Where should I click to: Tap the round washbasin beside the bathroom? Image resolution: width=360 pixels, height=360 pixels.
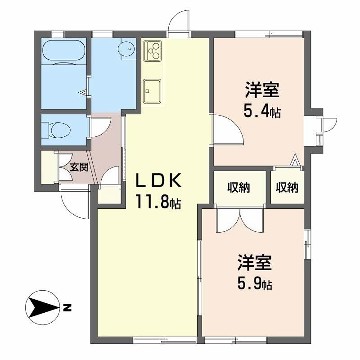click(125, 48)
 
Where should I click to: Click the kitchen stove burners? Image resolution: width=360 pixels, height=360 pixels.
click(152, 49)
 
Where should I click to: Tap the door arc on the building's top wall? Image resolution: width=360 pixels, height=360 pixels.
click(177, 20)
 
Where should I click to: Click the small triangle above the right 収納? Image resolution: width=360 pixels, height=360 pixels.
click(294, 161)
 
